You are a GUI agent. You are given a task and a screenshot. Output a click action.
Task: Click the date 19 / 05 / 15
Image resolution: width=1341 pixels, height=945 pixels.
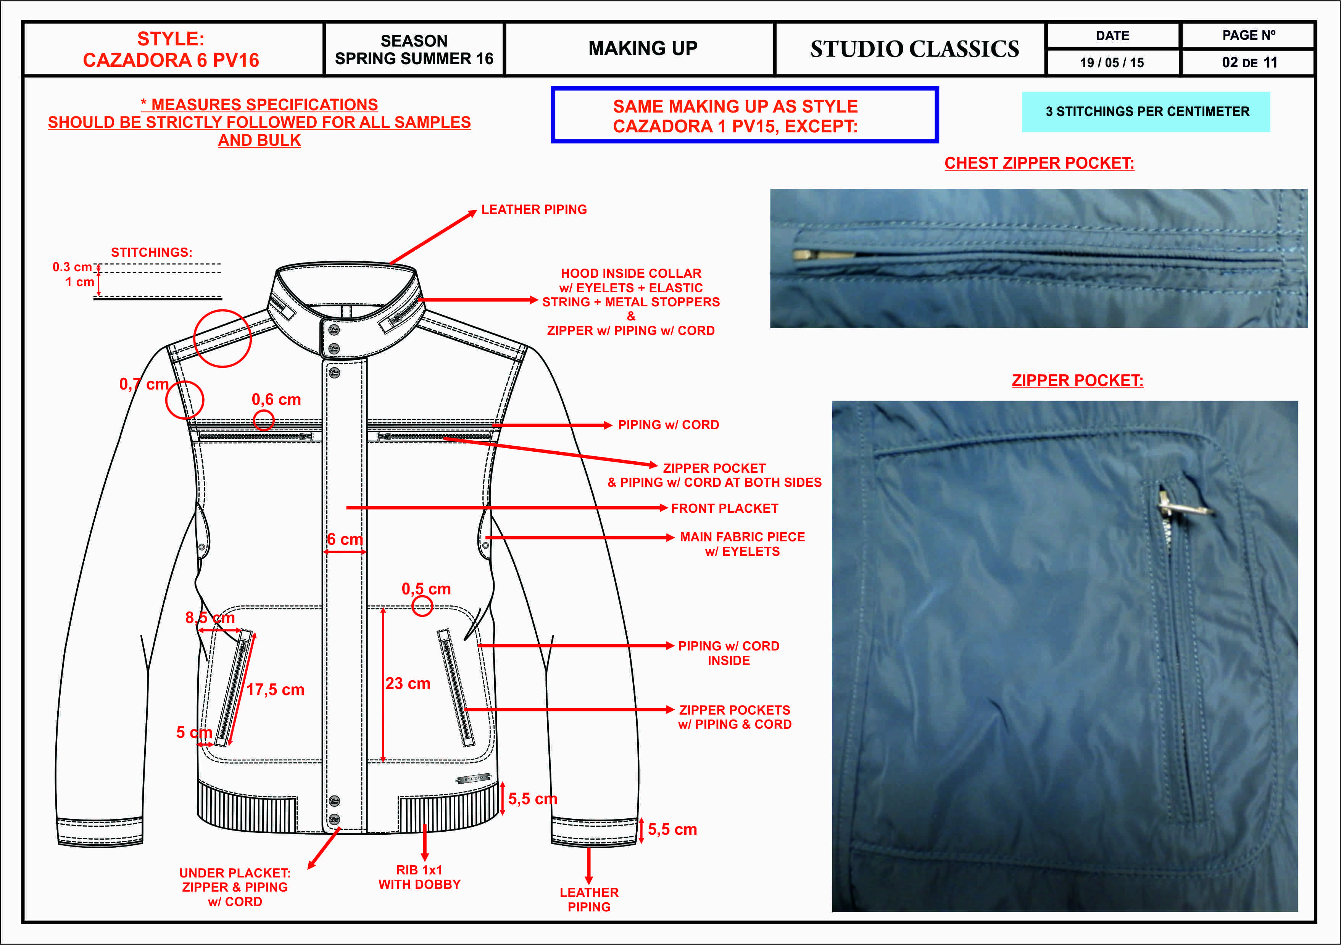tap(1112, 63)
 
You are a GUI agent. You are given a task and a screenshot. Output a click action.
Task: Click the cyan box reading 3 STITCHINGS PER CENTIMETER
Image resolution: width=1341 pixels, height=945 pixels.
tap(1146, 111)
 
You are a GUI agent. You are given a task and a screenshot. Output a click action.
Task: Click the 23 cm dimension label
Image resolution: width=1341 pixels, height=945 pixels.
tap(408, 683)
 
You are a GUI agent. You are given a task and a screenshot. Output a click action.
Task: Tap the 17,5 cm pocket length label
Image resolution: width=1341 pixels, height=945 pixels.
tap(275, 690)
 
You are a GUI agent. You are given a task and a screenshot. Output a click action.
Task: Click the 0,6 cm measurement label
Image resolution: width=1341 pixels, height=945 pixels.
tap(276, 399)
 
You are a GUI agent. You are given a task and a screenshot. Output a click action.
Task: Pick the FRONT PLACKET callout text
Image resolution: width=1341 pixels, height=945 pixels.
tap(724, 508)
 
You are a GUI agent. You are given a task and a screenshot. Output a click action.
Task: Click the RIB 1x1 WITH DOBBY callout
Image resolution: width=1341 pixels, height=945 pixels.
tap(419, 877)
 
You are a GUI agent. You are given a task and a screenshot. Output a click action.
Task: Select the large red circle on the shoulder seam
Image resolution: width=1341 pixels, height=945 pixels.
tap(222, 338)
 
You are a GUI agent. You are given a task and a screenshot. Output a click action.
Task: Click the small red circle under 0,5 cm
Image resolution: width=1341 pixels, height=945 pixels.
tap(422, 606)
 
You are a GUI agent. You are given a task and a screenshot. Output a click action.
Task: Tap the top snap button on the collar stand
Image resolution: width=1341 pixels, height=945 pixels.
tap(334, 330)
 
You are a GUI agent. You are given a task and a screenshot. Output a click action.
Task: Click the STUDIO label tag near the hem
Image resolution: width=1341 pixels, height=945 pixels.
tap(473, 779)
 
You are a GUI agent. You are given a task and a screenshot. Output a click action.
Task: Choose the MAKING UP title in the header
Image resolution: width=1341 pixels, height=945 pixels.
tap(643, 48)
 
